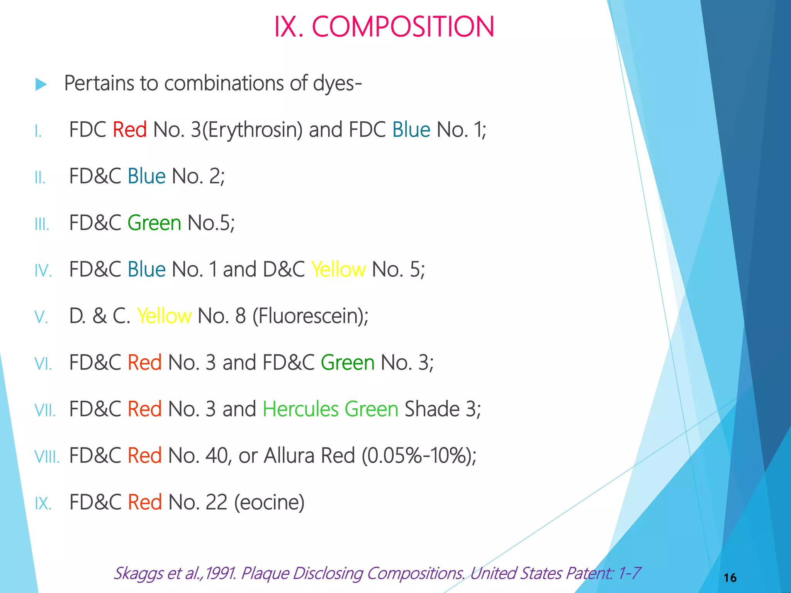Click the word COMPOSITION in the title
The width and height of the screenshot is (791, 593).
pos(402,27)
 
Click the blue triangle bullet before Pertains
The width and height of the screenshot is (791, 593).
pos(41,84)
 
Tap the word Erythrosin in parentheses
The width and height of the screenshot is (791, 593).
pos(252,130)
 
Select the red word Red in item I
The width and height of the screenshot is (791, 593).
pos(129,130)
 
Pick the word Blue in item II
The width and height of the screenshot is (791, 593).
pos(146,176)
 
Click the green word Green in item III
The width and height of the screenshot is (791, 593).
pos(154,223)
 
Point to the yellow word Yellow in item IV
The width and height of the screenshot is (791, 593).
pos(338,269)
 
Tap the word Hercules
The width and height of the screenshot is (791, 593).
pos(300,409)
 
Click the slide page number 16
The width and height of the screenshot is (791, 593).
pos(730,578)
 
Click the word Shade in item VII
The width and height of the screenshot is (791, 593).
pos(431,409)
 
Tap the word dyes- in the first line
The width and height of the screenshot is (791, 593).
pos(337,83)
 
